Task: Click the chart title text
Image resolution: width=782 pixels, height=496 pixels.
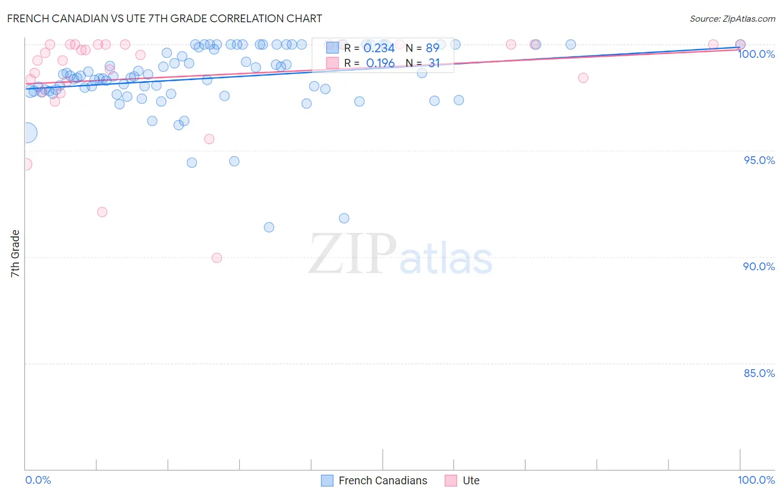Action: (165, 18)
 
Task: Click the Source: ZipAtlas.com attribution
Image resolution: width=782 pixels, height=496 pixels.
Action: (732, 19)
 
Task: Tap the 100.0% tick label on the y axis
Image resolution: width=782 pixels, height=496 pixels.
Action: (756, 54)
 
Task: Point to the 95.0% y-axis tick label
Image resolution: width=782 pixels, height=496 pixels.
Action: (759, 160)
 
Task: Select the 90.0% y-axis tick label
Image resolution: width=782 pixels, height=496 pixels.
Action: (759, 266)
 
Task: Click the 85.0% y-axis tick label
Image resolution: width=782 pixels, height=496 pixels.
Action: (759, 373)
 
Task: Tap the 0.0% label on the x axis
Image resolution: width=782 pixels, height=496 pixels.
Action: (38, 480)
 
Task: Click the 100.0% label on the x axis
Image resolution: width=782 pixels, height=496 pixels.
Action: (756, 480)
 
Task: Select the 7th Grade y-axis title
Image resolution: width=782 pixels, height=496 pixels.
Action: (15, 254)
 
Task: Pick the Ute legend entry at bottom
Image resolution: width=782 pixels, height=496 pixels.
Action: (471, 480)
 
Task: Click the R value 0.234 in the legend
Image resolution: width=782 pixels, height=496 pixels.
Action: (379, 48)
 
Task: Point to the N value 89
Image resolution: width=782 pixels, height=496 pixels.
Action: (432, 48)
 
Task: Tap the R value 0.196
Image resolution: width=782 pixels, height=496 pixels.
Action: (380, 63)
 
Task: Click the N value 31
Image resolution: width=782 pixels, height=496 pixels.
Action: (434, 63)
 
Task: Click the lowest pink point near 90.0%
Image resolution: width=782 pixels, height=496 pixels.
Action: (217, 258)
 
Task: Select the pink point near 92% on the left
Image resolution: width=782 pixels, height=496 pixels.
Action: (102, 212)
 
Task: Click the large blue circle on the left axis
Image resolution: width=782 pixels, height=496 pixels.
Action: (26, 133)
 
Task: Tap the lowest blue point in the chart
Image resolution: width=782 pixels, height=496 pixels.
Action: (269, 227)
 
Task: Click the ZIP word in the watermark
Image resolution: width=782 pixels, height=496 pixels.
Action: (352, 254)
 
